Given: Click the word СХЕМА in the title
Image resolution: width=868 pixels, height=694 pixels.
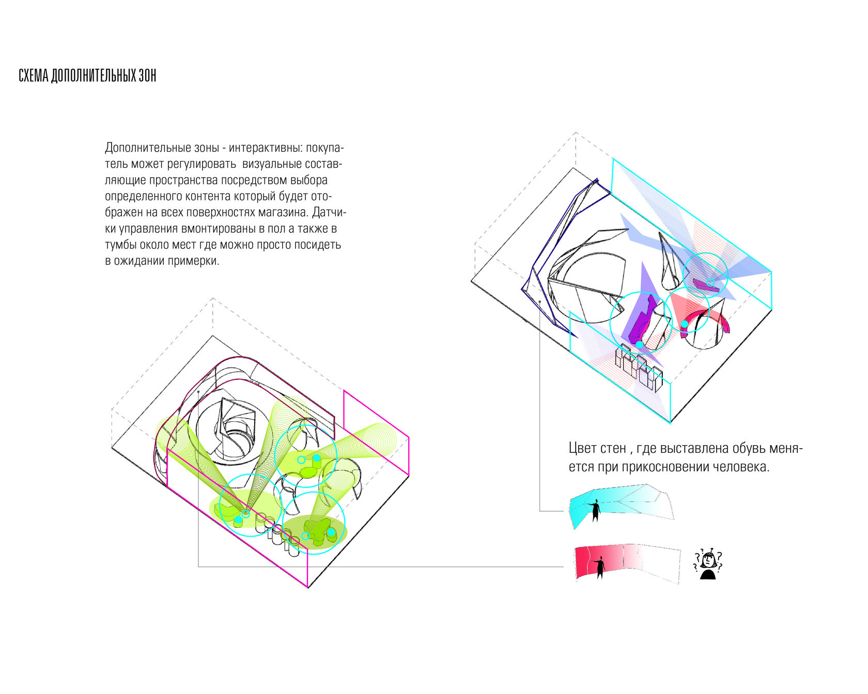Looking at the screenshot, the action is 34,76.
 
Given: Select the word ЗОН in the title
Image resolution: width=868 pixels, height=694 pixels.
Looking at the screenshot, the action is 147,76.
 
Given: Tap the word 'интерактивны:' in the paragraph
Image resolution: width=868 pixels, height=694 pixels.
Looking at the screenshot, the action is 266,148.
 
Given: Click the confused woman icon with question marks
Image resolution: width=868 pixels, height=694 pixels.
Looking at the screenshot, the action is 707,564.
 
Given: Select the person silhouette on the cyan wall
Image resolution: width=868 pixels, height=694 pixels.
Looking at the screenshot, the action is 596,510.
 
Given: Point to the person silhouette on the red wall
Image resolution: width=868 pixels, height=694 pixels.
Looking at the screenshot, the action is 600,567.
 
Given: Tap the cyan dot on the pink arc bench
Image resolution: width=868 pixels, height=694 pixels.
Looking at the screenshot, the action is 684,324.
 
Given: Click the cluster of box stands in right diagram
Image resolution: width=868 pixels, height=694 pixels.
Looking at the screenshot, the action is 638,368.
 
